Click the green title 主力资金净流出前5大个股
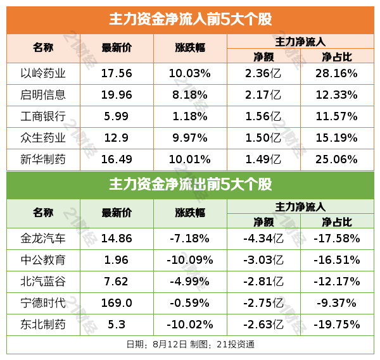[x=190, y=185]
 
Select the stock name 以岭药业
[x=44, y=73]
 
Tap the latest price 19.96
[x=117, y=95]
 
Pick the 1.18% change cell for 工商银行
[x=189, y=116]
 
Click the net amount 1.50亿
[x=263, y=138]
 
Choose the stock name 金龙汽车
[x=44, y=239]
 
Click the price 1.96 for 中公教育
[x=117, y=260]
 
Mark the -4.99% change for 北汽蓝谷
[x=189, y=282]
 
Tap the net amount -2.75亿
[x=263, y=303]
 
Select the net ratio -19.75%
[x=337, y=325]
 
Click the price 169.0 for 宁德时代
[x=117, y=303]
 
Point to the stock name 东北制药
[x=44, y=325]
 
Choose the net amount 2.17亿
[x=263, y=95]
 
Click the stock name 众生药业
[x=44, y=138]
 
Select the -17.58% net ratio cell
[x=337, y=239]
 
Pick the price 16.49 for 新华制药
[x=117, y=159]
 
